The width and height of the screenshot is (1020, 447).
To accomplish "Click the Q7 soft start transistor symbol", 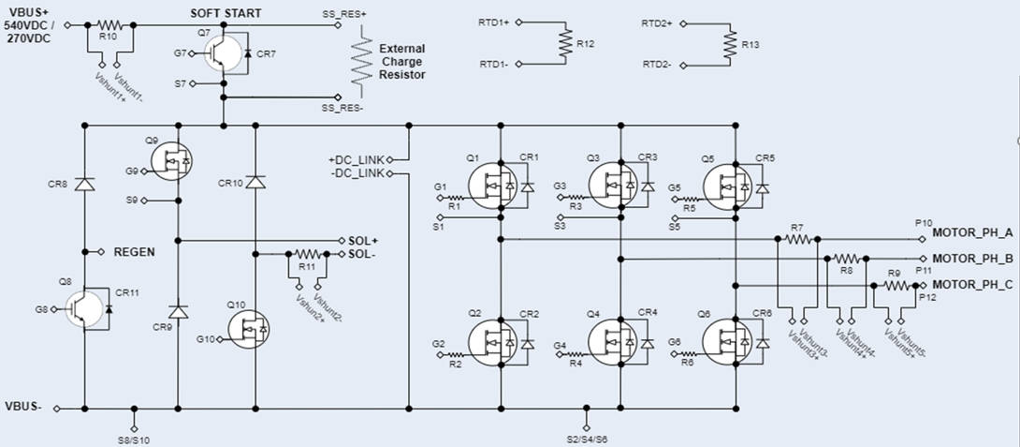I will point(221,54).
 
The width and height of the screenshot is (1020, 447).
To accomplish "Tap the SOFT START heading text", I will point(226,13).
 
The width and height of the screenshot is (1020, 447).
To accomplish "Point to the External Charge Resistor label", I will point(401,61).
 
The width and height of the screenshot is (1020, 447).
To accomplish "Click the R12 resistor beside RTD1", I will point(564,42).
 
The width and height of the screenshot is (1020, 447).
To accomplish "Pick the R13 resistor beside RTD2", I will point(728,42).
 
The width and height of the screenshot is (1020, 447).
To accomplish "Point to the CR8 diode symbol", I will point(85,185).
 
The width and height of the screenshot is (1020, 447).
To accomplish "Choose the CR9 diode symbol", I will point(177,309).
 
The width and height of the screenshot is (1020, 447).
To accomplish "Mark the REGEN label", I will point(133,252).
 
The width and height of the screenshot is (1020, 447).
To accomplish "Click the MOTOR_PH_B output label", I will point(973,258).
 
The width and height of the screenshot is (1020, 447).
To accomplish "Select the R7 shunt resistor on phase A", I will point(797,239).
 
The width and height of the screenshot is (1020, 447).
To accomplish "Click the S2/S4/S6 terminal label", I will point(587,439).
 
